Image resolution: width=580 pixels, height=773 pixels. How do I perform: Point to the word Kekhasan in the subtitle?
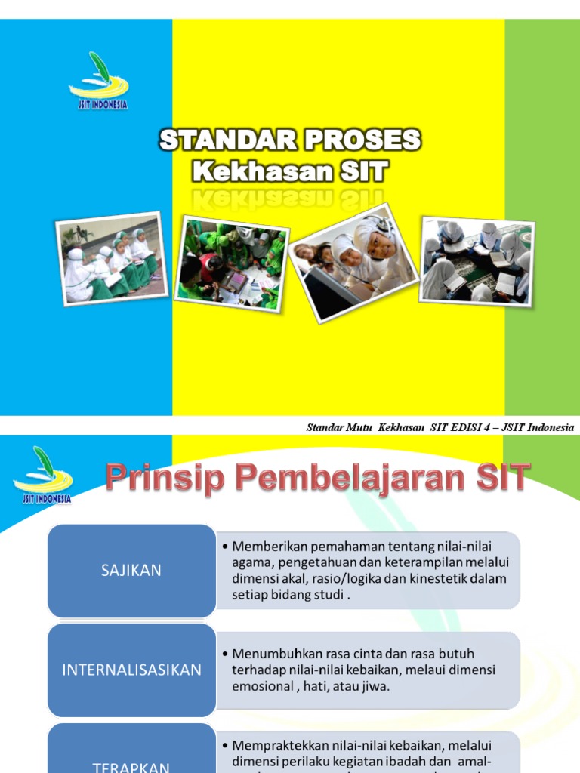click(262, 172)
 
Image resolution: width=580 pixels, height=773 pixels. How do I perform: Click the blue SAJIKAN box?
click(131, 571)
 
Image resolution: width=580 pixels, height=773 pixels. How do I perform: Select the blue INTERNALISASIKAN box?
click(131, 670)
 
